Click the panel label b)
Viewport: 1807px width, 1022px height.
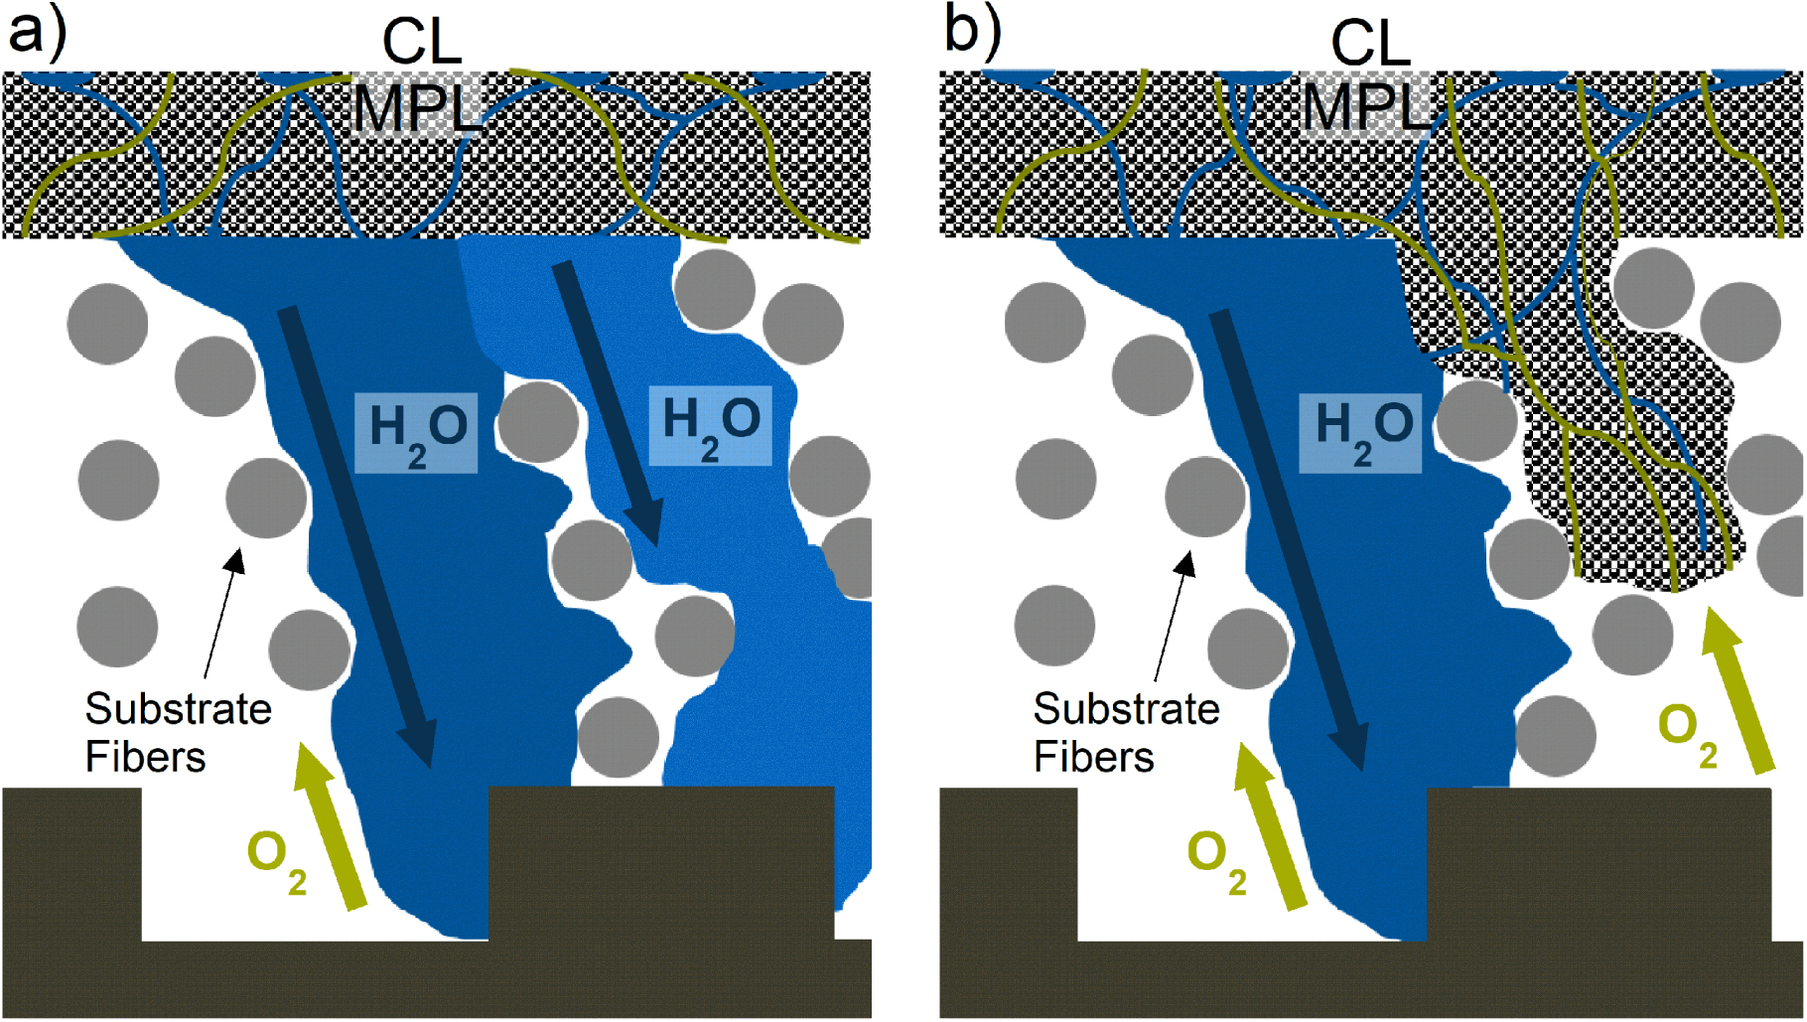click(973, 30)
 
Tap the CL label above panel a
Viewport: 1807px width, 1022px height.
click(422, 43)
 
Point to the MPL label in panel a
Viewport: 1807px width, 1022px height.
click(417, 107)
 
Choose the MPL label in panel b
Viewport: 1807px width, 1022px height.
click(1367, 106)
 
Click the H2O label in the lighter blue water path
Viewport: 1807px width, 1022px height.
click(710, 426)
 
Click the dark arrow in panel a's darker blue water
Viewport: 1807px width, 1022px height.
click(356, 536)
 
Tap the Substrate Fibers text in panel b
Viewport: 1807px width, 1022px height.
click(1126, 733)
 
